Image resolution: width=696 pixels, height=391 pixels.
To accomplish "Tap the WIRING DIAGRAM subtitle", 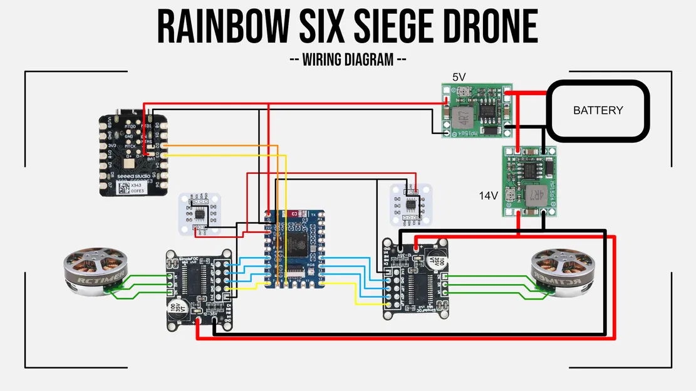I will [348, 60].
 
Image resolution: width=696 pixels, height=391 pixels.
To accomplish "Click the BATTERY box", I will [598, 110].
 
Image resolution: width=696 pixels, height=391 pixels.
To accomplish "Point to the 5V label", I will [460, 77].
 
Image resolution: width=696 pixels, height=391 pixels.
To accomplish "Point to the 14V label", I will [489, 196].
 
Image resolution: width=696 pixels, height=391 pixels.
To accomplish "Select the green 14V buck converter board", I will [529, 181].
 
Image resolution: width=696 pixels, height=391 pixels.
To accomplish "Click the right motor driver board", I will [415, 278].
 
